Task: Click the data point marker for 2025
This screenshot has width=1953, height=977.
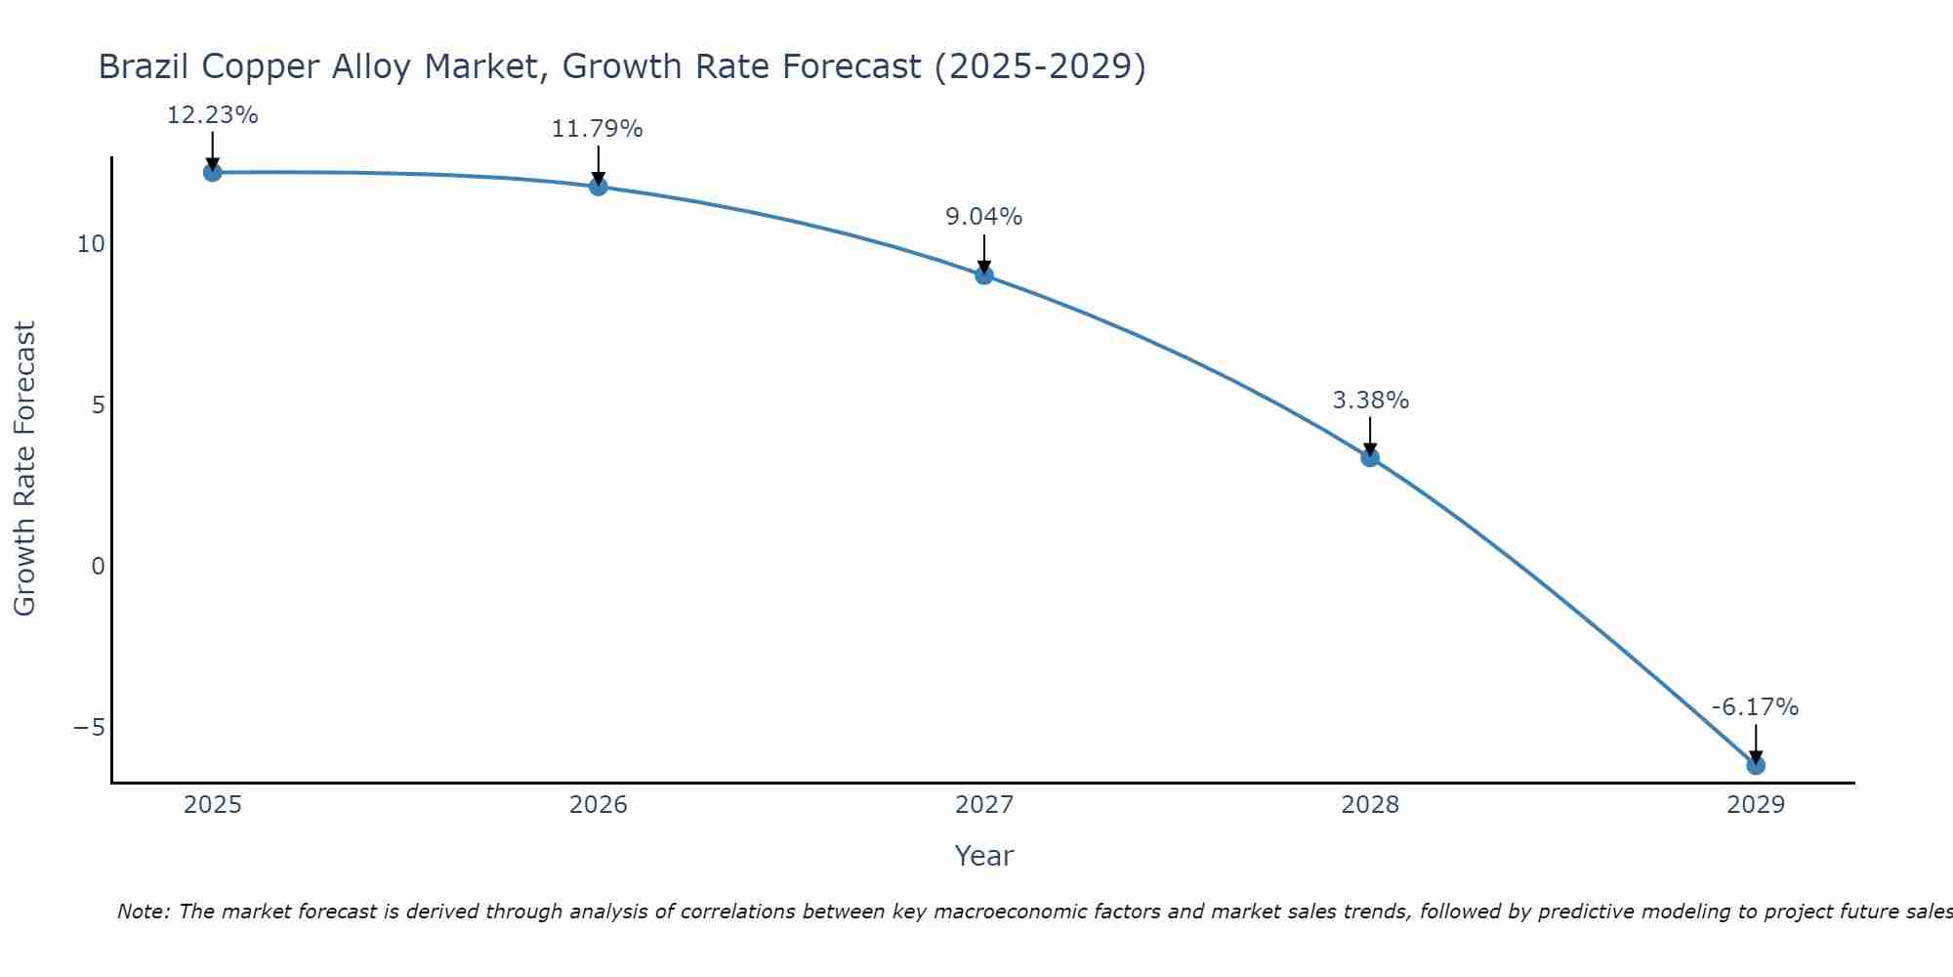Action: (x=213, y=173)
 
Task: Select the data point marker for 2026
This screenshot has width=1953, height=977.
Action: (x=599, y=187)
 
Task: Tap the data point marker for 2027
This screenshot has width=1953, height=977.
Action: (x=984, y=276)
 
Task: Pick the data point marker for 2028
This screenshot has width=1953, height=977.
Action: (x=1370, y=457)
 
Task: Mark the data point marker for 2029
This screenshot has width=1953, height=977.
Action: (x=1756, y=765)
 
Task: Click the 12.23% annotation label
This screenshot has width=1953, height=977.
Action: (x=213, y=115)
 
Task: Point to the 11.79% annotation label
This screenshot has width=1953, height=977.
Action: (x=598, y=129)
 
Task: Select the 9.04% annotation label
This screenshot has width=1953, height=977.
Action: (x=984, y=217)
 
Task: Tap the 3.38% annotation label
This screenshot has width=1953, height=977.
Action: (x=1371, y=401)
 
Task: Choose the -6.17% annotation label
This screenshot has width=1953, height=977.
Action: (x=1755, y=707)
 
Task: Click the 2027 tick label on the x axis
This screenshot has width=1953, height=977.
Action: (x=984, y=805)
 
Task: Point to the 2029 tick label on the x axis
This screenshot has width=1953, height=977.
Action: (x=1756, y=805)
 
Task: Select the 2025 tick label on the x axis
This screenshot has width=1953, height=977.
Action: (x=213, y=805)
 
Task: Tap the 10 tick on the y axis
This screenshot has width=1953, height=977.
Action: (x=91, y=244)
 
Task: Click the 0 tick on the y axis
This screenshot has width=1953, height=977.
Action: (x=98, y=567)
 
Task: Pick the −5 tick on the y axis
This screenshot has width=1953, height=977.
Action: (x=89, y=728)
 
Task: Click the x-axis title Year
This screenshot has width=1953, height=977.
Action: (x=984, y=856)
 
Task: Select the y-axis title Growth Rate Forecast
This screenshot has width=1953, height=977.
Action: (x=24, y=469)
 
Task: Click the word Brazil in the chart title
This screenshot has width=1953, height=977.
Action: (x=144, y=66)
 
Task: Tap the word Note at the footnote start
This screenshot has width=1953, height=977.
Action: (x=143, y=912)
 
